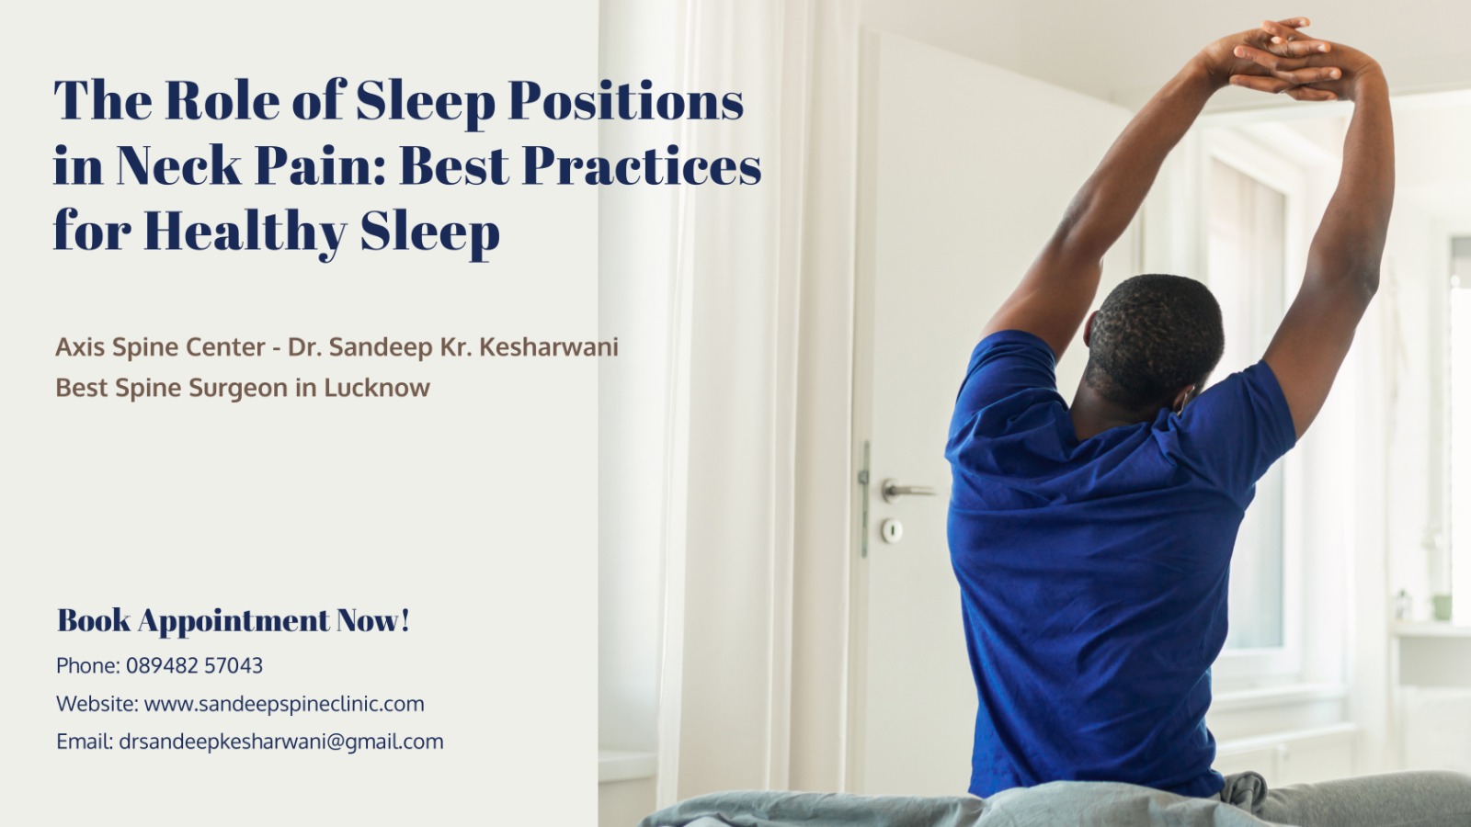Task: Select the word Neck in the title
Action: pyautogui.click(x=178, y=165)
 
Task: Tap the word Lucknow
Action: pyautogui.click(x=376, y=387)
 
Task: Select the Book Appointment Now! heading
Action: pyautogui.click(x=234, y=621)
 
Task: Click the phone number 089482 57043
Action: pyautogui.click(x=194, y=665)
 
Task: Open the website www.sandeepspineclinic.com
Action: pyautogui.click(x=284, y=704)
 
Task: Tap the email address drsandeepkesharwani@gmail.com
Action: pyautogui.click(x=281, y=742)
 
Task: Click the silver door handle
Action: pyautogui.click(x=907, y=490)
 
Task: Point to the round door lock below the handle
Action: pyautogui.click(x=891, y=529)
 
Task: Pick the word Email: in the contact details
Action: pyautogui.click(x=85, y=742)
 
